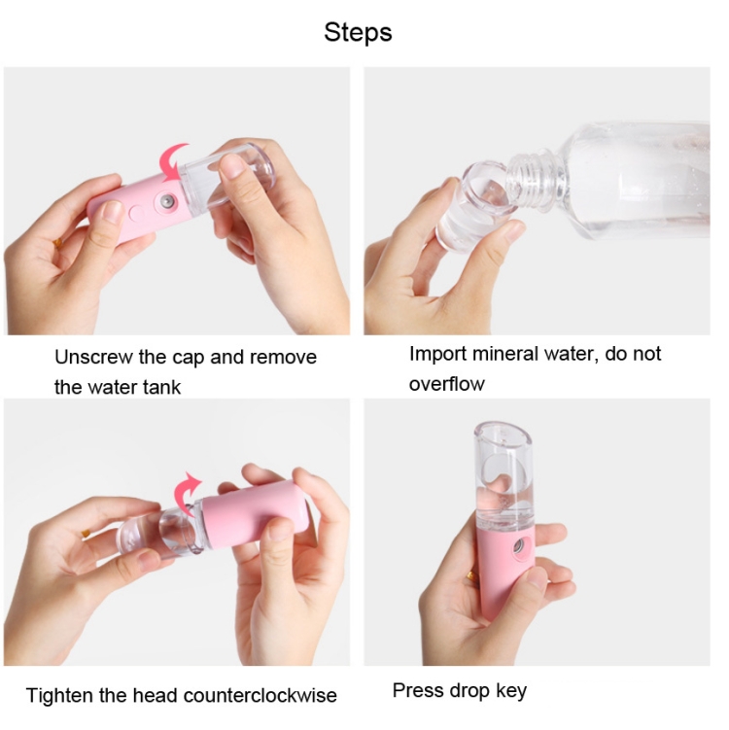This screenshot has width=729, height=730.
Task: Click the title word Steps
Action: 358,33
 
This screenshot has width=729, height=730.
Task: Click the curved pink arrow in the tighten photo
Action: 187,493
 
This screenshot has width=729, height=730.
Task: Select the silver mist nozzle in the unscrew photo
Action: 166,201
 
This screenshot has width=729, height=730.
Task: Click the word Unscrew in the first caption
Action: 93,357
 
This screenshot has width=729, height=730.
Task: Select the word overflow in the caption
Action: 446,384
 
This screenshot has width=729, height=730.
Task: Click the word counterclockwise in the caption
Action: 260,696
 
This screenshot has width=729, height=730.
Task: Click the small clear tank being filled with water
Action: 475,206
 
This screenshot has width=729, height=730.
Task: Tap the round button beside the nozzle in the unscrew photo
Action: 137,213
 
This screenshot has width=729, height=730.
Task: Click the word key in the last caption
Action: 510,691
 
